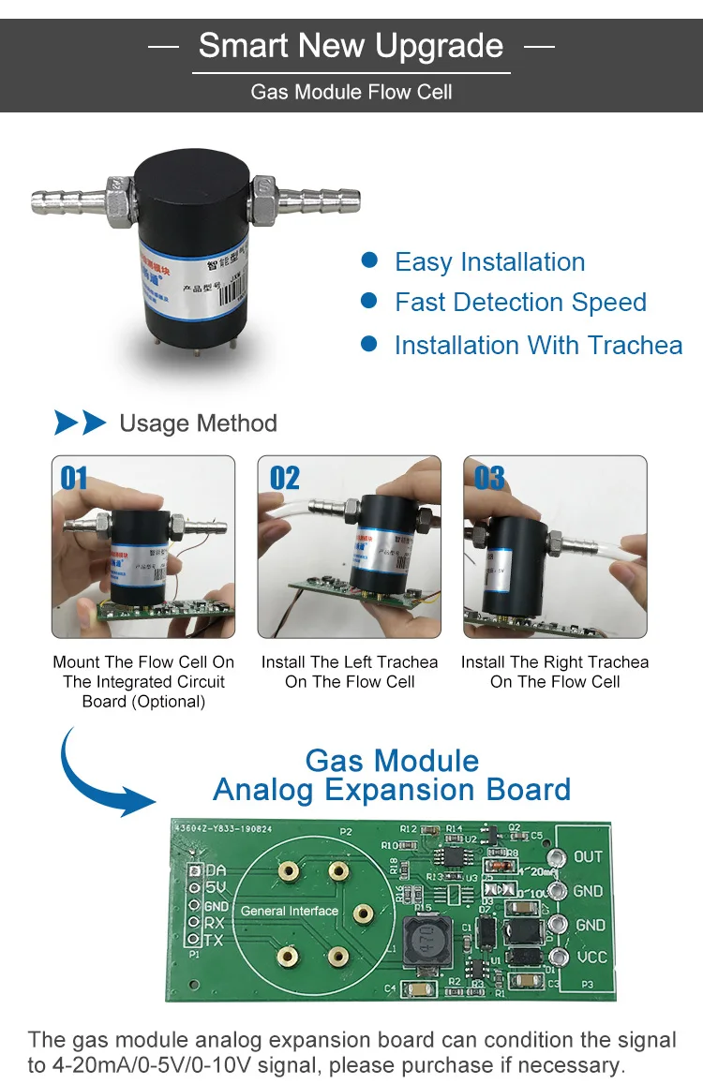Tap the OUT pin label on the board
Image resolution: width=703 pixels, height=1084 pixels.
(588, 856)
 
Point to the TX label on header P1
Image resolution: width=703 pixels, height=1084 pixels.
(214, 940)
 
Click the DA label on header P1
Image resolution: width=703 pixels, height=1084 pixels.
(215, 870)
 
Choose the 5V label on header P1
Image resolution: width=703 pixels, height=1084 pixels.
(215, 888)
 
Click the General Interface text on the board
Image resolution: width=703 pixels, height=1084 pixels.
(290, 911)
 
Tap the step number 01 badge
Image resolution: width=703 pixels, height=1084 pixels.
(74, 479)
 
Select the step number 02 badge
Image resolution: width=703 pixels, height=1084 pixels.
(285, 479)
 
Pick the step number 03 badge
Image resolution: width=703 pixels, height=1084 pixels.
(489, 479)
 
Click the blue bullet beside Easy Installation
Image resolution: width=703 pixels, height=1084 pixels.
(369, 260)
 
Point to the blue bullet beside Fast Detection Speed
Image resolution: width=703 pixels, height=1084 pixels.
(369, 301)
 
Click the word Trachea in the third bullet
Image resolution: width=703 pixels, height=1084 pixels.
(635, 345)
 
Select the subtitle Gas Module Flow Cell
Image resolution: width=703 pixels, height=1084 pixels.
(351, 92)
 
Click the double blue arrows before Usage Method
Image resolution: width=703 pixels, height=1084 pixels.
(81, 423)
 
